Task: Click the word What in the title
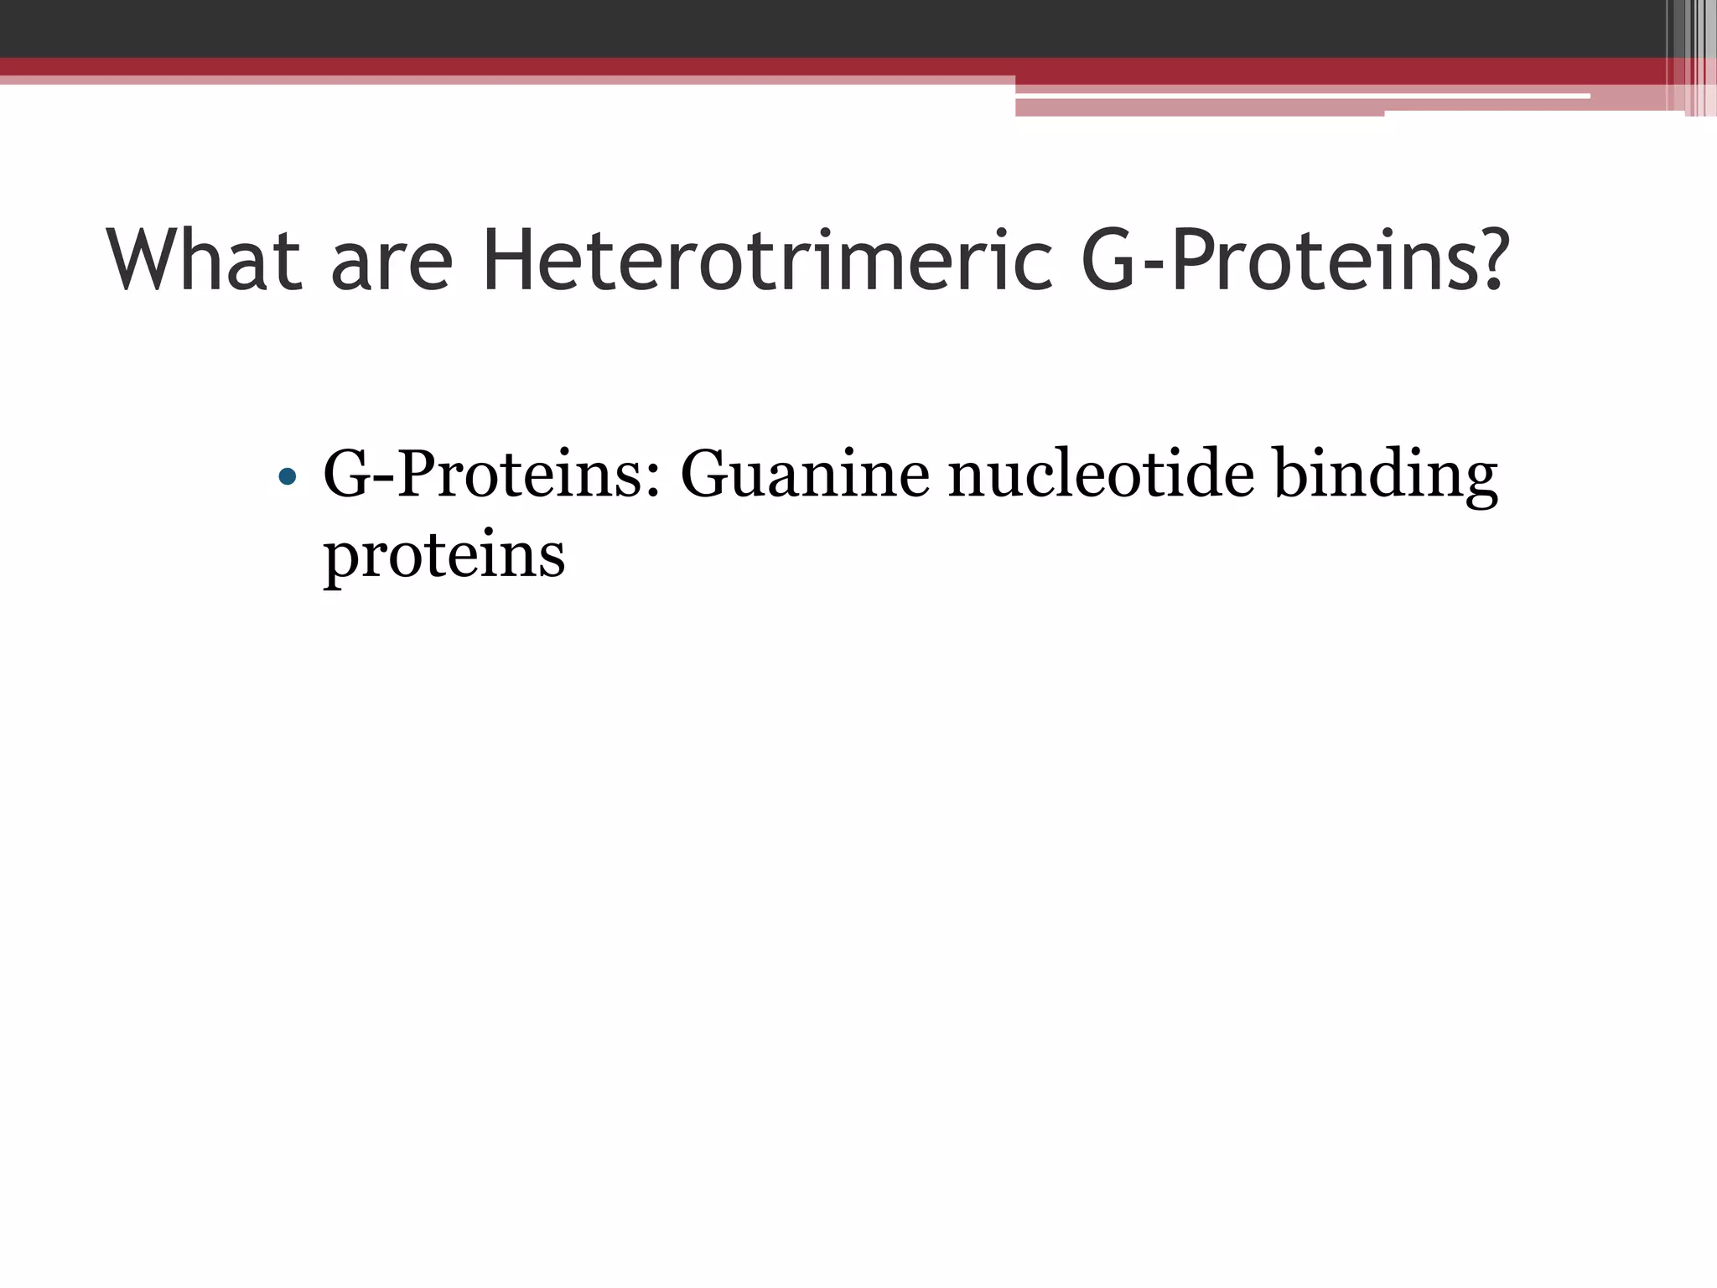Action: [x=204, y=261]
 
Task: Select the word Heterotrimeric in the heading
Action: [x=766, y=261]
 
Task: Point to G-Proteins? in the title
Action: [x=1294, y=261]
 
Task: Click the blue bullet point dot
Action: [x=287, y=477]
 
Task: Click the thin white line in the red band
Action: [x=1299, y=96]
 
